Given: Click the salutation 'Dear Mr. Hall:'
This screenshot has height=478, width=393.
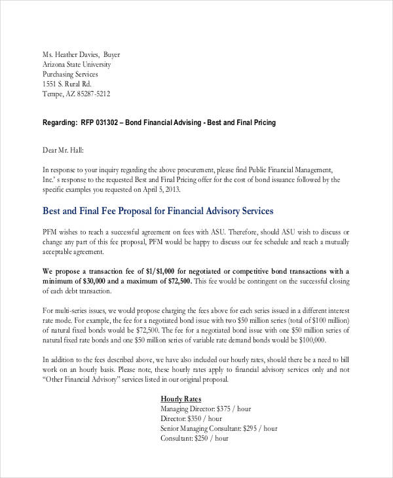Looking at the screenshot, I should click(x=64, y=150).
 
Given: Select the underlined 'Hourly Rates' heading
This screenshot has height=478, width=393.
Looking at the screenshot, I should click(x=181, y=399).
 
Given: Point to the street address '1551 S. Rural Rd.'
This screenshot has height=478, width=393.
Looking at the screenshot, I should click(x=67, y=84).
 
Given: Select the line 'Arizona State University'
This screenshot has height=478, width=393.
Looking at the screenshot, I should click(x=77, y=64).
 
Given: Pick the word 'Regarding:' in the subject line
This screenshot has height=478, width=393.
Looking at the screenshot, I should click(x=60, y=122).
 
